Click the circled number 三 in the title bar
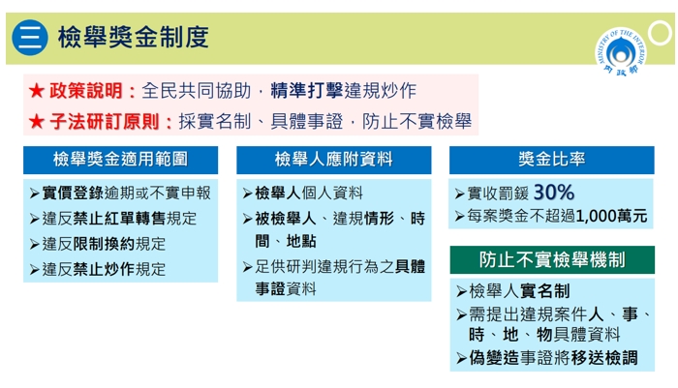point(29,38)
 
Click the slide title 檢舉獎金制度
point(133,38)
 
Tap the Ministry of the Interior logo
point(620,52)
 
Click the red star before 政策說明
point(36,91)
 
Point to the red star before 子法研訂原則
point(36,122)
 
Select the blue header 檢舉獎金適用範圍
point(120,159)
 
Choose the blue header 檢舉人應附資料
point(333,159)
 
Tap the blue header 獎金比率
point(551,159)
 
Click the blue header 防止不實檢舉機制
point(551,259)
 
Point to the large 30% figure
point(553,191)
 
